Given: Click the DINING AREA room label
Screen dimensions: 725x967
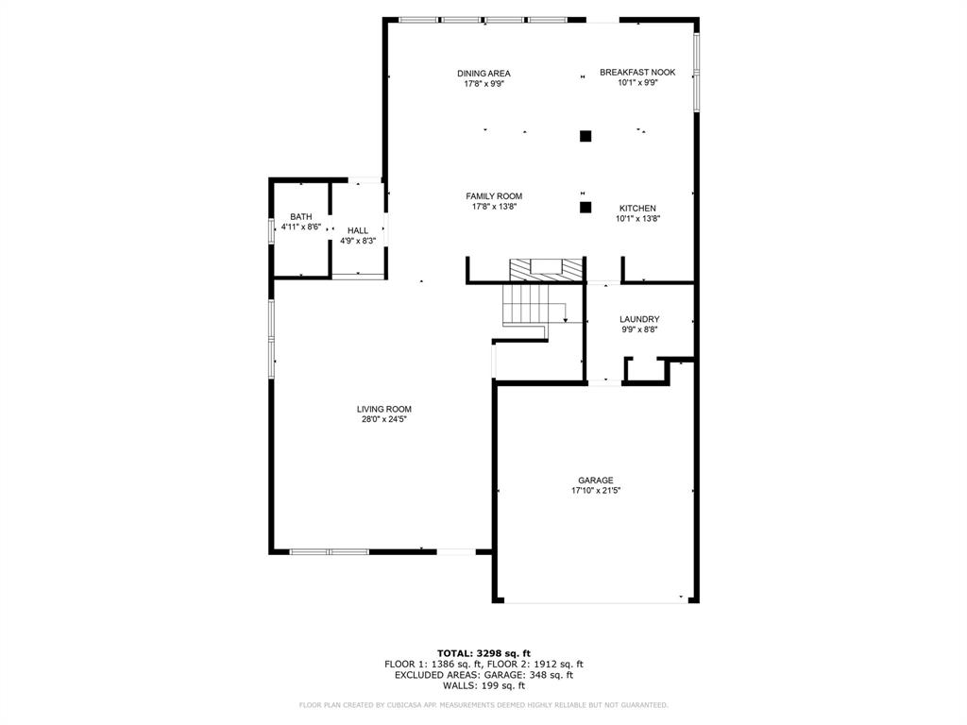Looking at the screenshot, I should pyautogui.click(x=483, y=73).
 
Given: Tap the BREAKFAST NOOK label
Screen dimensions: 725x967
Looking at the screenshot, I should pyautogui.click(x=637, y=72).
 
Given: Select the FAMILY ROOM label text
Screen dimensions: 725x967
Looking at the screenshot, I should pyautogui.click(x=494, y=196).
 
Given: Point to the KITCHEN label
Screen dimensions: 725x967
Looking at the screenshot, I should pyautogui.click(x=637, y=208).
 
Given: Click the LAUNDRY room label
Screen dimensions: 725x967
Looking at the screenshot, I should pyautogui.click(x=639, y=319).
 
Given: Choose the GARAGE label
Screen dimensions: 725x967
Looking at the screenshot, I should pyautogui.click(x=596, y=480).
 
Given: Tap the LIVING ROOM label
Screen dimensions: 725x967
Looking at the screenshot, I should pyautogui.click(x=383, y=409).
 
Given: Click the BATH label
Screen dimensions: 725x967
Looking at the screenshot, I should pyautogui.click(x=301, y=217).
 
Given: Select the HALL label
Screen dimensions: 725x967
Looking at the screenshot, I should pyautogui.click(x=358, y=230).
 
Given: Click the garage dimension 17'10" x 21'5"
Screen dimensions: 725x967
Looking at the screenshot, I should pyautogui.click(x=596, y=491).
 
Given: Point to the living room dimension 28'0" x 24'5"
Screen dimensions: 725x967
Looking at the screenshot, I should pyautogui.click(x=383, y=419).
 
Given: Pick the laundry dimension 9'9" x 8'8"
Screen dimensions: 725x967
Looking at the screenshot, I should pyautogui.click(x=639, y=329).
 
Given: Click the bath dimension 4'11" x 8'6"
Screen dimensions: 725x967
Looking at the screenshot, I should pyautogui.click(x=301, y=228).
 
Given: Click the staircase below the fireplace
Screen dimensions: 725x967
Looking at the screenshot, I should pyautogui.click(x=527, y=304).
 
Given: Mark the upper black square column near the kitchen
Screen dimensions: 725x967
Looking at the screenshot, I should pyautogui.click(x=585, y=136).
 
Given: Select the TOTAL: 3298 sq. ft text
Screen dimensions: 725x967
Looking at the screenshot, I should pyautogui.click(x=483, y=653).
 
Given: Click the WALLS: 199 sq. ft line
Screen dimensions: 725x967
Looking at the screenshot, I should pyautogui.click(x=483, y=685).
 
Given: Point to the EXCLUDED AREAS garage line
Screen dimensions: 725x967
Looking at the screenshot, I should pyautogui.click(x=483, y=675).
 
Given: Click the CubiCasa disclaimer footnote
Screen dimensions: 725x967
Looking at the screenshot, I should pyautogui.click(x=483, y=705).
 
